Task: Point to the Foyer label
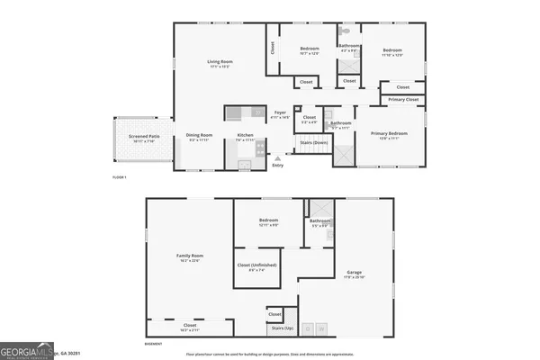click(281, 113)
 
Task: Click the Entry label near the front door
click(277, 165)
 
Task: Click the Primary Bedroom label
click(390, 135)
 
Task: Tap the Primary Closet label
click(403, 99)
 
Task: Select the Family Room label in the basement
click(190, 258)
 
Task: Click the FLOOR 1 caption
click(120, 178)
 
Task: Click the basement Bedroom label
click(268, 221)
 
